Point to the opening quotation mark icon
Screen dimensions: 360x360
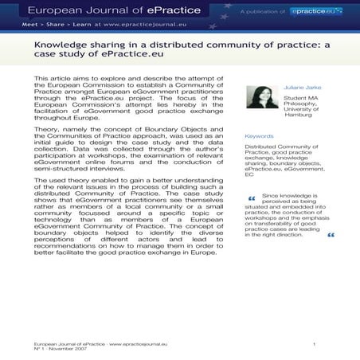(x=252, y=198)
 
